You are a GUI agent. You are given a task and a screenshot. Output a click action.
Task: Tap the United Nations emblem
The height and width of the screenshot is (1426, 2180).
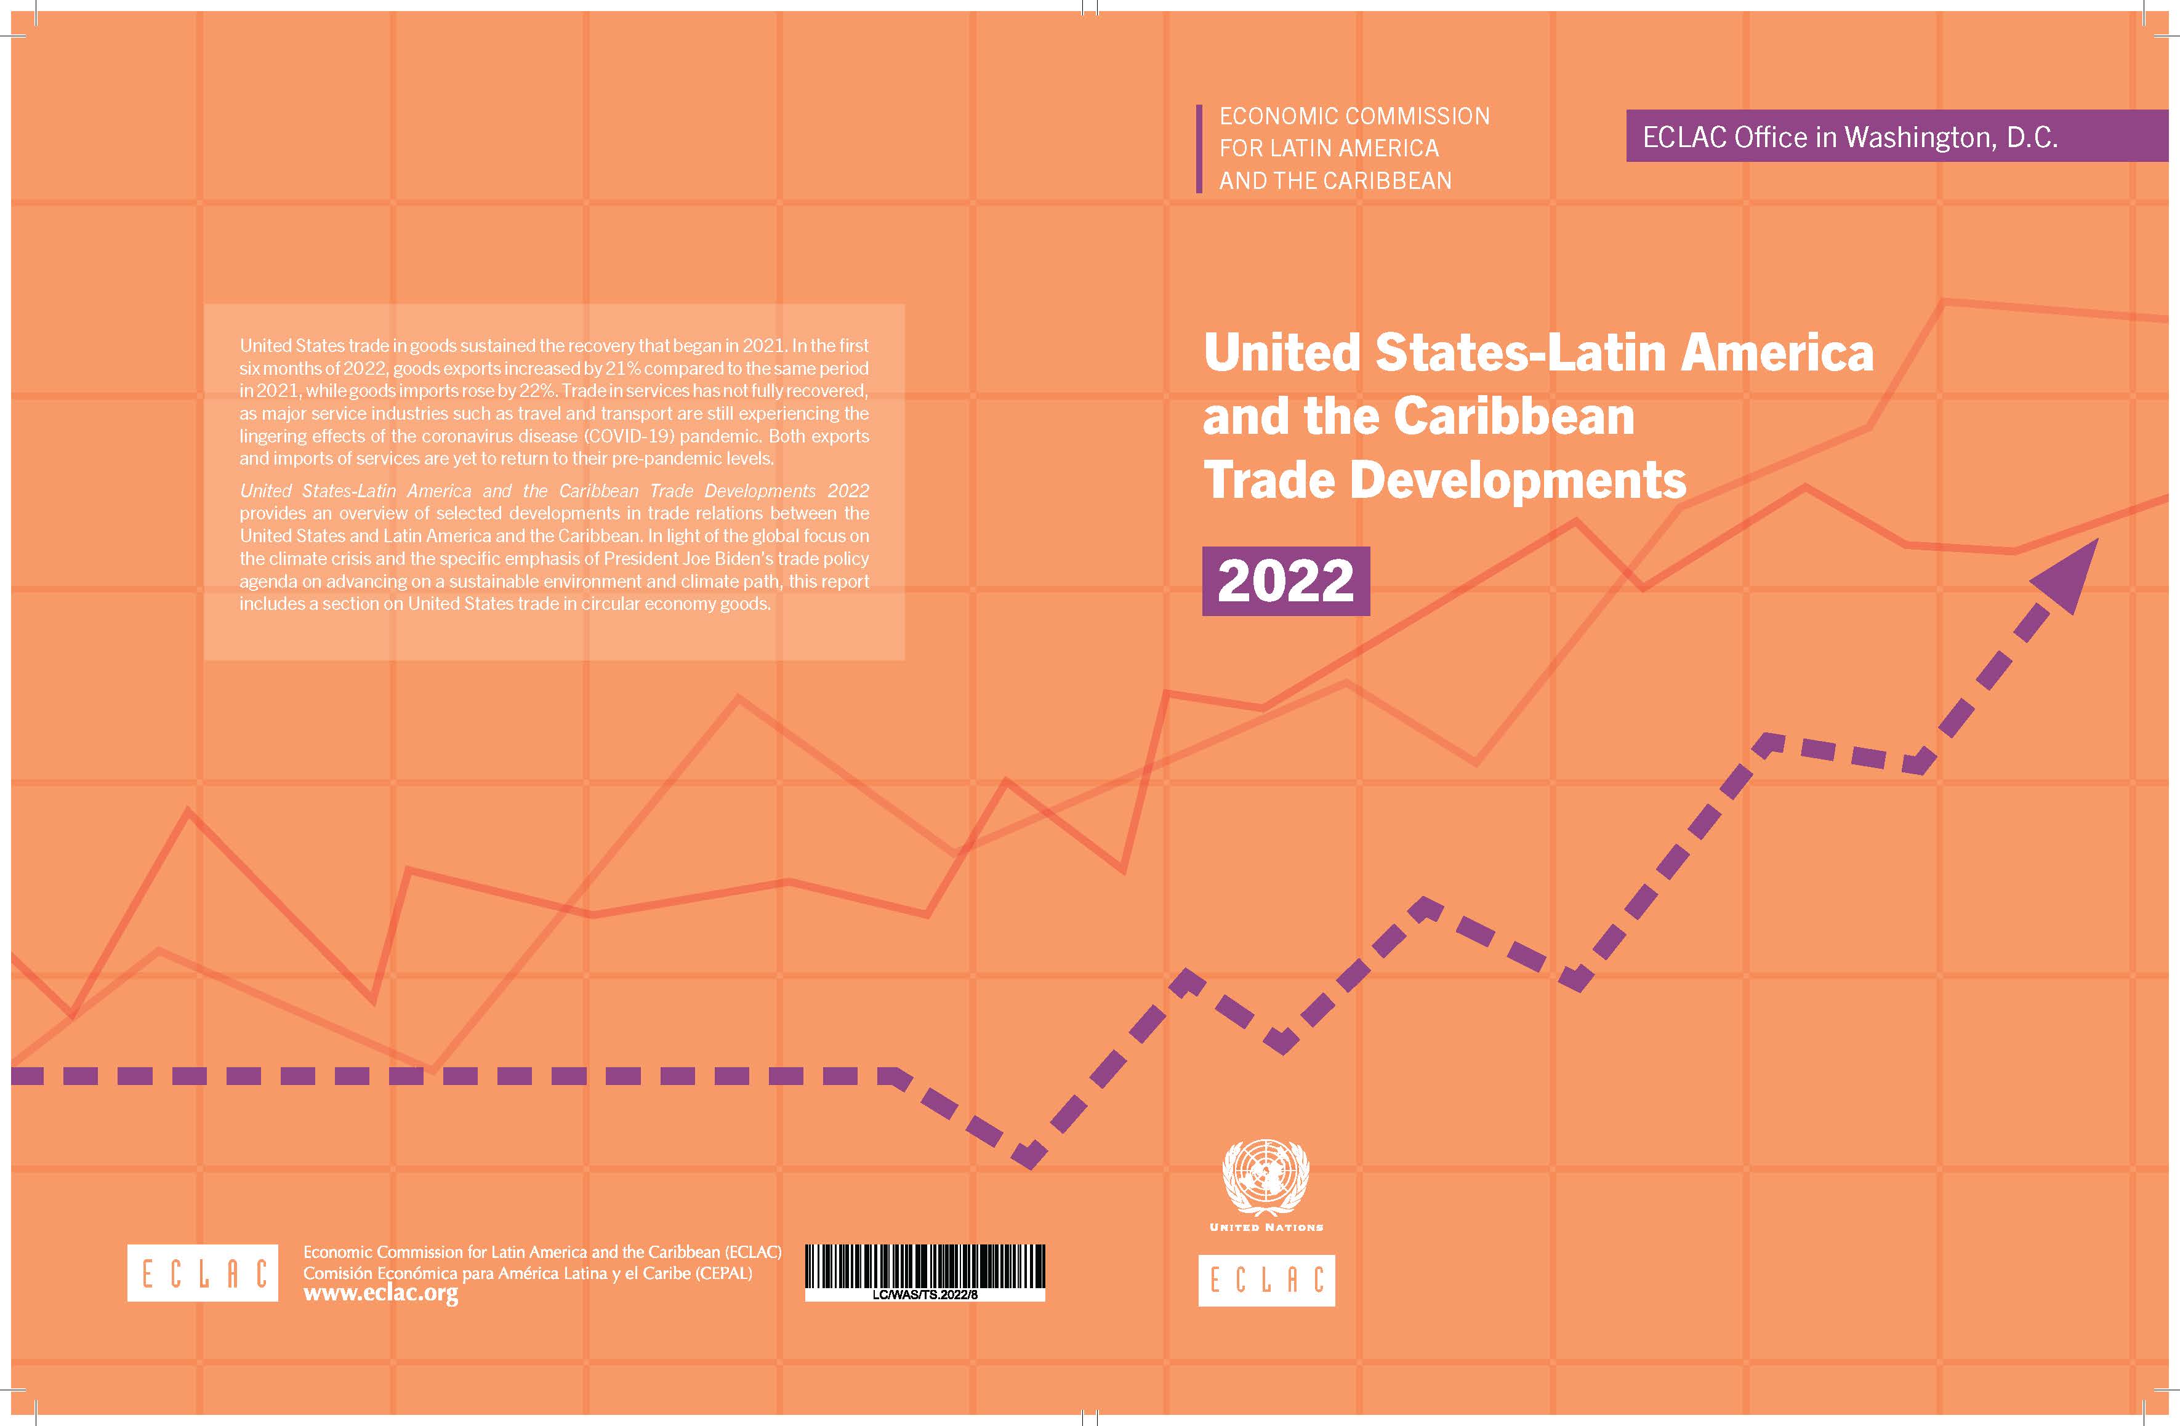tap(1266, 1176)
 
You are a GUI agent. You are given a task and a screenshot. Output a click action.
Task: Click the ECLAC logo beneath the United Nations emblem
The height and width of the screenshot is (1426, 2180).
tap(1266, 1280)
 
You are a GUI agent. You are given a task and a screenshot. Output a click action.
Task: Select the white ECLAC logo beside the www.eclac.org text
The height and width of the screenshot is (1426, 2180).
tap(203, 1272)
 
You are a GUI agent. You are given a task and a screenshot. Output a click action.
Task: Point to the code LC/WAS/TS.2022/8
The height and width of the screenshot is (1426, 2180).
tap(925, 1294)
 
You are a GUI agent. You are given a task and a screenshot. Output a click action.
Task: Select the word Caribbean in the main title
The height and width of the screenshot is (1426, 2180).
tap(1514, 416)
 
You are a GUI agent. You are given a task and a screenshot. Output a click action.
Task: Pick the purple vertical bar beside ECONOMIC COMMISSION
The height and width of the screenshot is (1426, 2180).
tap(1199, 148)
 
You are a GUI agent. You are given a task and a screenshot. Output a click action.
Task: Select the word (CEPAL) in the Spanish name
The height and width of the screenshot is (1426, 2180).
tap(723, 1273)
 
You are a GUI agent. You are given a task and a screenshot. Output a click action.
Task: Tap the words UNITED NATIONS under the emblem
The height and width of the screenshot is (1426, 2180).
tap(1266, 1227)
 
